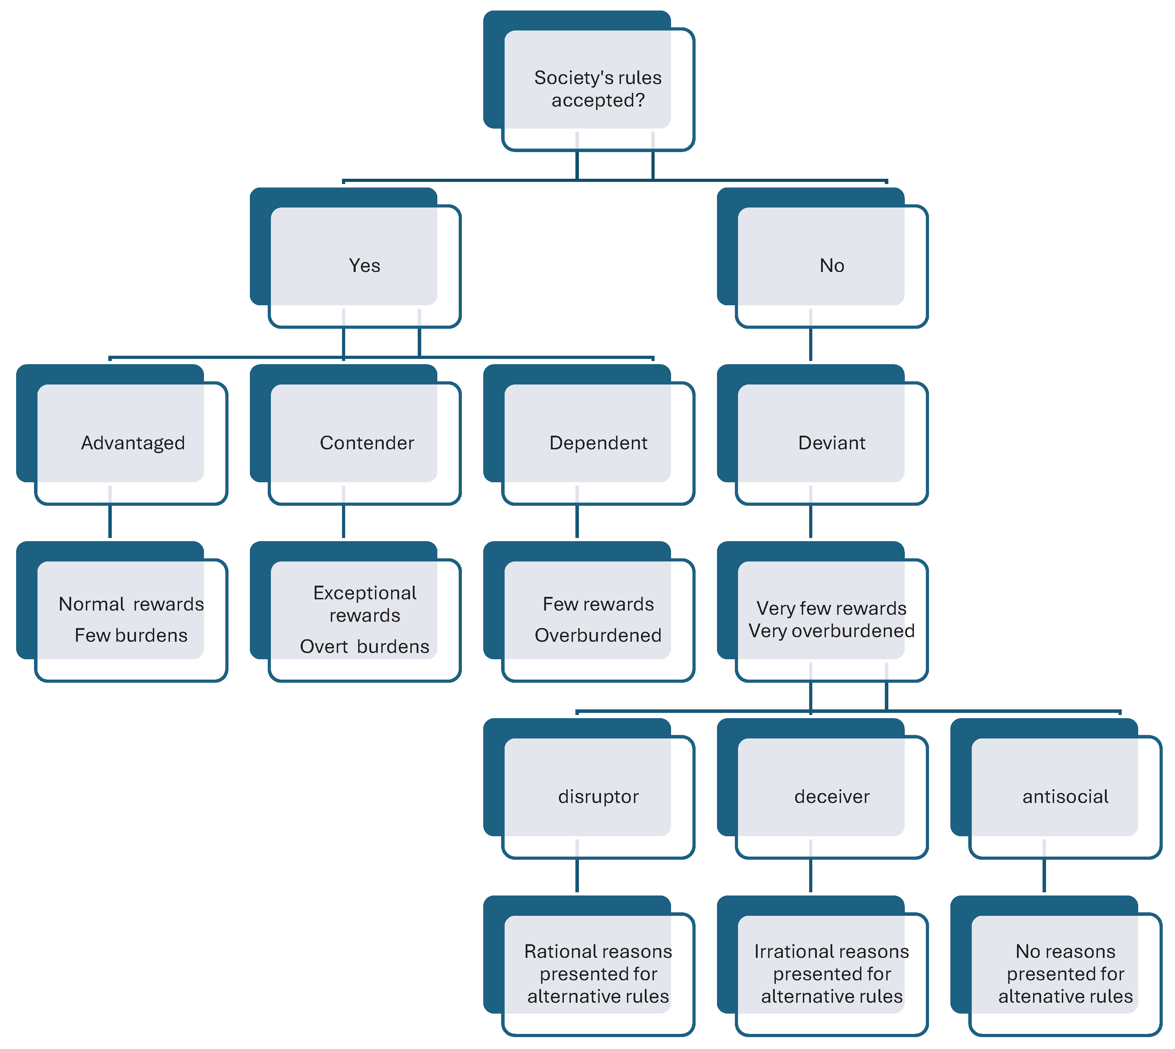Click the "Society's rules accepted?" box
(597, 88)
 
